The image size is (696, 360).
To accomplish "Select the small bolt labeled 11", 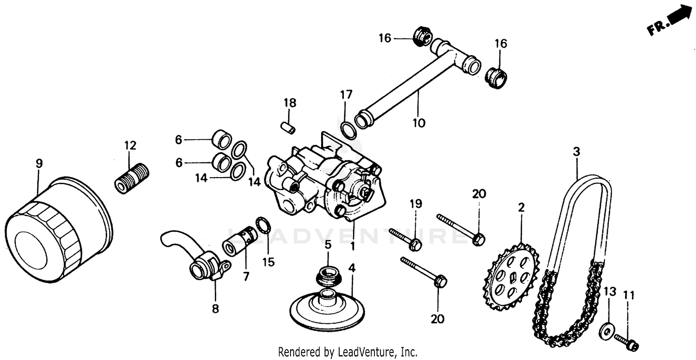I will [x=626, y=343].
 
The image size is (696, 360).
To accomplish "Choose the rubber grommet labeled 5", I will [x=329, y=277].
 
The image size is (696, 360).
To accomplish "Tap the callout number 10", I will [x=419, y=122].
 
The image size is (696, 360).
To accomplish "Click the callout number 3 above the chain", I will [x=576, y=151].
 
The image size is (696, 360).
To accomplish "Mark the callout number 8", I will [x=215, y=309].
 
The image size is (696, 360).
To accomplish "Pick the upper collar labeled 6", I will [x=221, y=139].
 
